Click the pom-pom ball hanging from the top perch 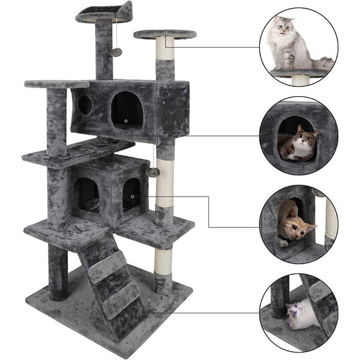click(x=117, y=52)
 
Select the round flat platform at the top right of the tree click(x=165, y=34)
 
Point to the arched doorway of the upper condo click(x=127, y=109)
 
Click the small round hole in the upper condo click(x=85, y=105)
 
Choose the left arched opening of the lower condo click(x=85, y=194)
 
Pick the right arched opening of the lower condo click(x=132, y=194)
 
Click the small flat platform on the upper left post click(x=50, y=83)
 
